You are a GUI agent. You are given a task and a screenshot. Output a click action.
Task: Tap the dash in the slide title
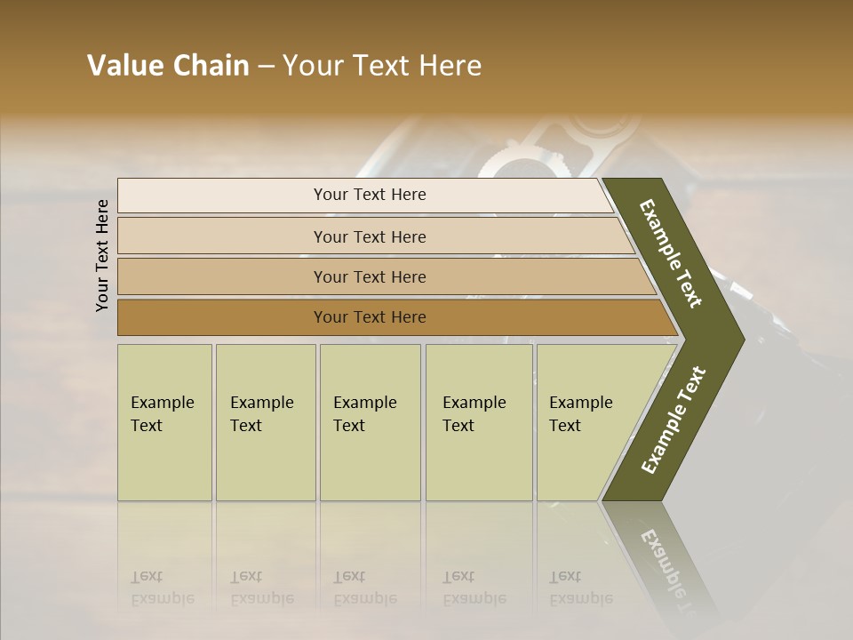coord(266,67)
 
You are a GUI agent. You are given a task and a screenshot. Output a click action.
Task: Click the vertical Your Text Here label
coord(102,255)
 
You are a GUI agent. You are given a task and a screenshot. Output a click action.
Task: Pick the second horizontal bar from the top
coord(370,236)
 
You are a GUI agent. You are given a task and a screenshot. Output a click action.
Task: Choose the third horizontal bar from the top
coord(370,276)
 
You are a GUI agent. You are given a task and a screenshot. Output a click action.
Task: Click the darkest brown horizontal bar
coord(370,317)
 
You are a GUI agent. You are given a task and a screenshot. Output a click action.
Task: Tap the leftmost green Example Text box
coord(164,422)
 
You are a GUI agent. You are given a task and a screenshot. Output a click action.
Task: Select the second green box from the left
coord(265,422)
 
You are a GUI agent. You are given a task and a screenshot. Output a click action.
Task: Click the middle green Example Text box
coord(370,422)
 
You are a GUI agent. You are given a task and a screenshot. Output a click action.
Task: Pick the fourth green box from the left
coord(478,422)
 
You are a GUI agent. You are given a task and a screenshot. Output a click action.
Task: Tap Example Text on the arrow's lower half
coord(673,420)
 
